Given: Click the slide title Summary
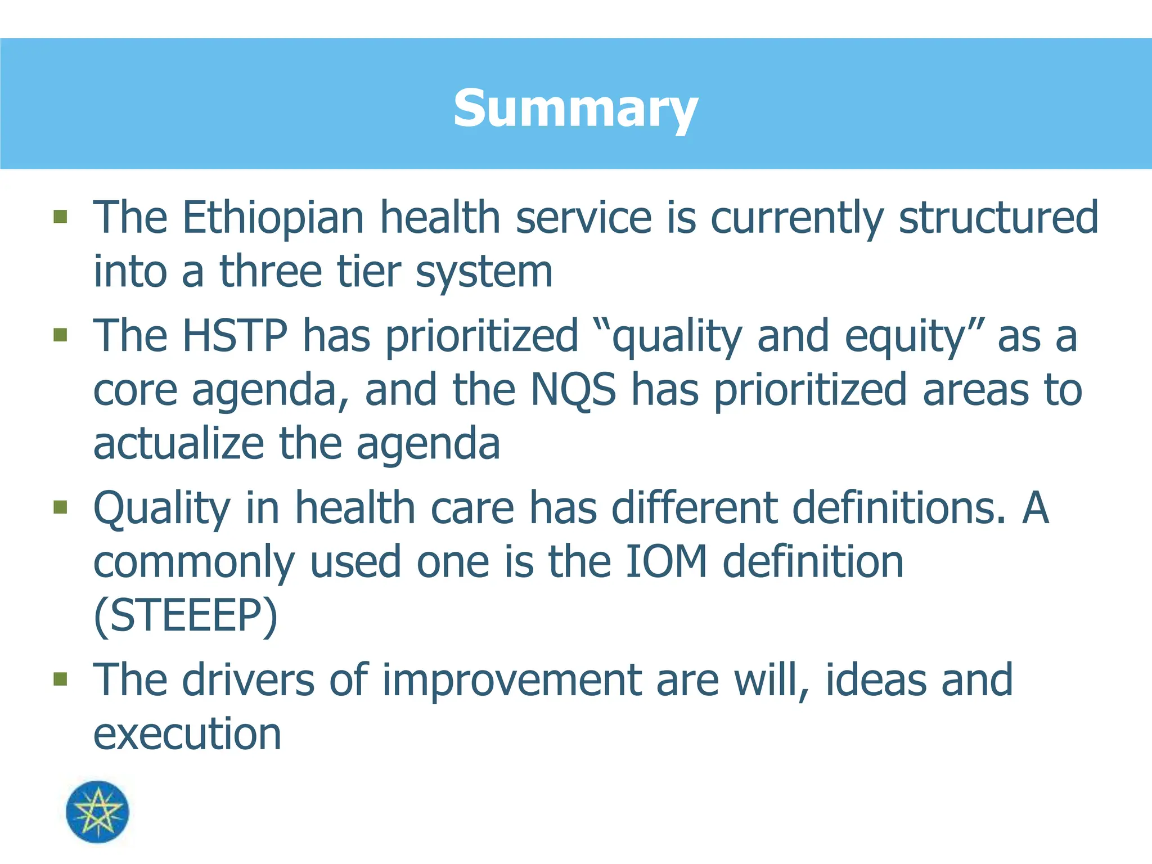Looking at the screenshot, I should point(575,108).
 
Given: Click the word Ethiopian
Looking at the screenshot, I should point(273,218).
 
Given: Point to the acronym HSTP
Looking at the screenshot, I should point(235,336).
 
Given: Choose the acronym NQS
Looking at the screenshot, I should point(574,390).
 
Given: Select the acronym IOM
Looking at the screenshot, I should point(666,562).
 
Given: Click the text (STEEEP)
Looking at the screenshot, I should point(186,616).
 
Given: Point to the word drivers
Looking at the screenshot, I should point(248,680).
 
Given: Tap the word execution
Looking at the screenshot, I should point(187,735).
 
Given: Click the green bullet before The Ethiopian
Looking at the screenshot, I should point(60,217).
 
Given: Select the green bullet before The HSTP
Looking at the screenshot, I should point(60,335).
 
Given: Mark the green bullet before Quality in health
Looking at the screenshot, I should point(60,507).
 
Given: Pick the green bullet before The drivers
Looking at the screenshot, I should point(60,679).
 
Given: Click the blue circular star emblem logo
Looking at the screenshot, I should point(97,812).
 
